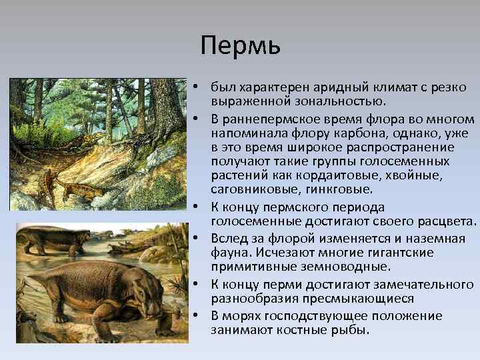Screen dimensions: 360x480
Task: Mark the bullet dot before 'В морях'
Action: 200,315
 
